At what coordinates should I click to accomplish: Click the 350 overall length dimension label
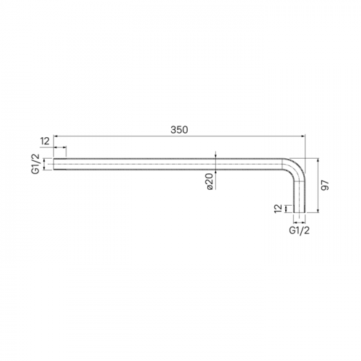179,130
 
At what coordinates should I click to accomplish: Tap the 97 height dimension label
326,186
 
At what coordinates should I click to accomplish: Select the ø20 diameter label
210,181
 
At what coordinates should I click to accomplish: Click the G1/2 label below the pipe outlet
299,230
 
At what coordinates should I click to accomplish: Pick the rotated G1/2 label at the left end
35,164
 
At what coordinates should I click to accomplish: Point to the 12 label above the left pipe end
45,142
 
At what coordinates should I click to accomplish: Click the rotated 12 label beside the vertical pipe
278,209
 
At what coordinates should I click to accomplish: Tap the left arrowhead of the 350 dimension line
56,136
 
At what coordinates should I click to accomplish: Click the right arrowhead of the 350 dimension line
303,136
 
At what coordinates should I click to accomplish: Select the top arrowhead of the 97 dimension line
318,160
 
